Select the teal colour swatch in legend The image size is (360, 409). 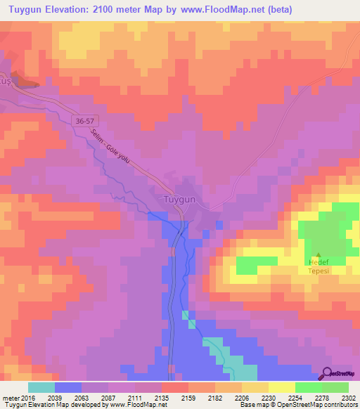41,387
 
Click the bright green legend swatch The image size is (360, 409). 335,387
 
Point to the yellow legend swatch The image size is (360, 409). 282,387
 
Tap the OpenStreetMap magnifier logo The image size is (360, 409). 327,374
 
